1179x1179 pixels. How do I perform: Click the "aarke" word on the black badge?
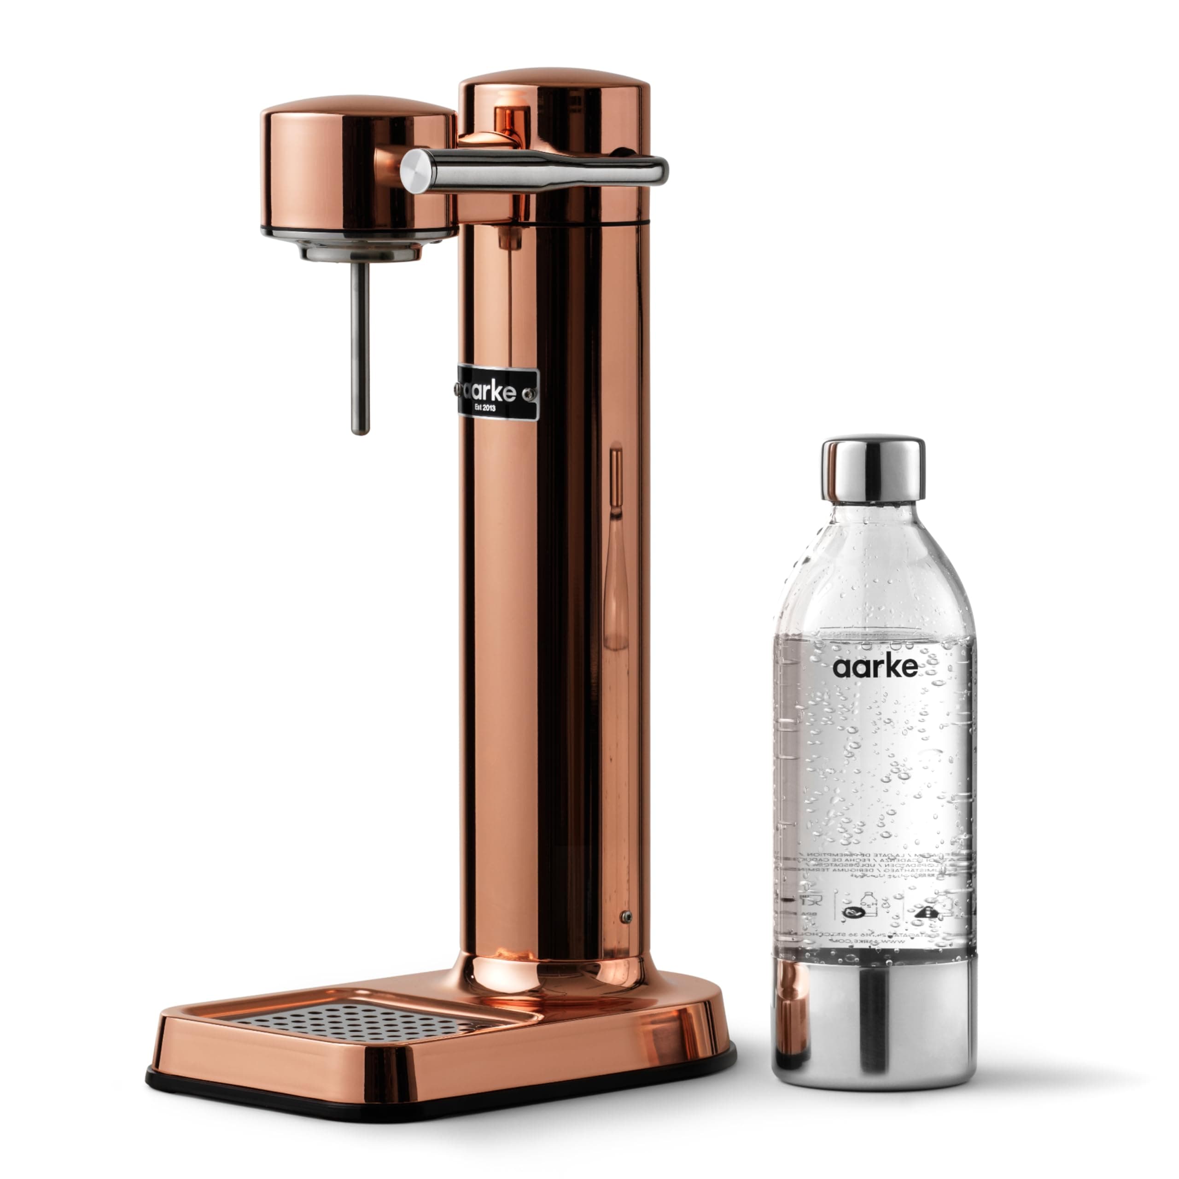tap(492, 391)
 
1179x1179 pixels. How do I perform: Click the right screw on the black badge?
tap(530, 394)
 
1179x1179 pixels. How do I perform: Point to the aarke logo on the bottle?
tap(875, 666)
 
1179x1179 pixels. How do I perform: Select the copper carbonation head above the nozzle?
tap(357, 165)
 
